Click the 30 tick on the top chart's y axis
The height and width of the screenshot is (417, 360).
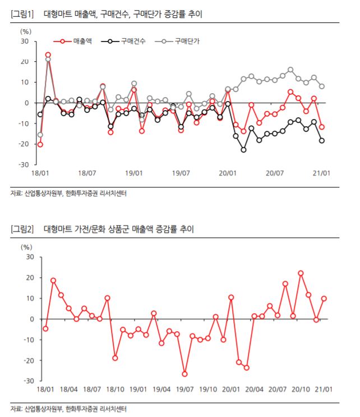25,41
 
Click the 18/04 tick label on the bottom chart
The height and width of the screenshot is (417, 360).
68,388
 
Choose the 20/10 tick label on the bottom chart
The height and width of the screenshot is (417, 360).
301,388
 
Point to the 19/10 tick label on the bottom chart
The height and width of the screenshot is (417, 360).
208,388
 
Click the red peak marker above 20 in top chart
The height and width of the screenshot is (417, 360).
48,54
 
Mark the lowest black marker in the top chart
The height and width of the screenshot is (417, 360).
243,150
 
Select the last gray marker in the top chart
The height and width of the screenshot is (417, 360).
322,86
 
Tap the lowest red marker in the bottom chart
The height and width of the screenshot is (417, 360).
184,374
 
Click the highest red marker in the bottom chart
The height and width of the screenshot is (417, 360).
301,273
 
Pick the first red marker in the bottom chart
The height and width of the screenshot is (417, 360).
45,329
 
